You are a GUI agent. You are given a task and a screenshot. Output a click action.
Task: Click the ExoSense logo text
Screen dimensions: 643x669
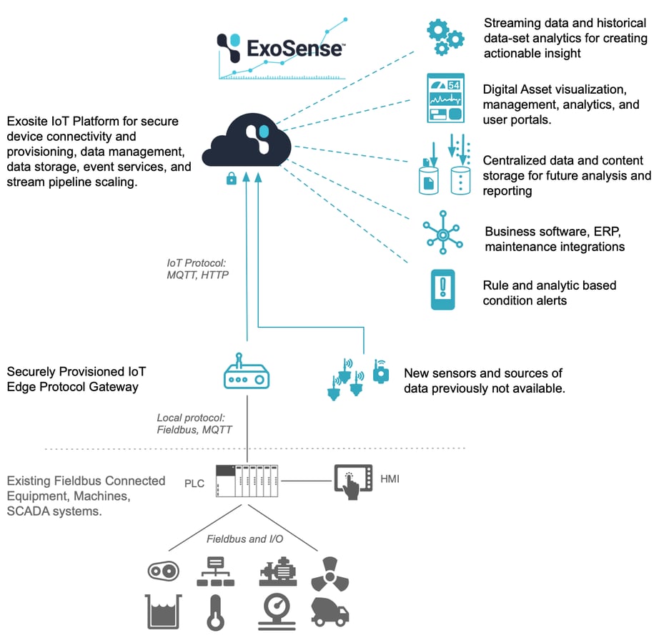(x=294, y=47)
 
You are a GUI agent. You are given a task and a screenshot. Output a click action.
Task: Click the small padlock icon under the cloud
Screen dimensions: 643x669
(x=231, y=179)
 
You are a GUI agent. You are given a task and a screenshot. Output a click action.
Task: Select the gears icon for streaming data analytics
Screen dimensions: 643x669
(x=445, y=36)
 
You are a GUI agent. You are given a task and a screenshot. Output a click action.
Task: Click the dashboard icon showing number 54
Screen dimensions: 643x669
(x=445, y=97)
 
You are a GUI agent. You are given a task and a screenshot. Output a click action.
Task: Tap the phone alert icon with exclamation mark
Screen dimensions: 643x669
(x=443, y=288)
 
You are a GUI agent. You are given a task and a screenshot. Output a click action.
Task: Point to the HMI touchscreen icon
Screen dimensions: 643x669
(x=354, y=481)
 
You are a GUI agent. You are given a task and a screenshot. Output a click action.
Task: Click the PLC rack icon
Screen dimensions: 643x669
(x=247, y=481)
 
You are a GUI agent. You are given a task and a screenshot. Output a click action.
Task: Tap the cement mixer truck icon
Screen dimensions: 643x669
(x=329, y=612)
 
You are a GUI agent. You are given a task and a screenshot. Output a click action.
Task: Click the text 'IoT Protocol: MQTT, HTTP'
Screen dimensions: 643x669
(x=197, y=268)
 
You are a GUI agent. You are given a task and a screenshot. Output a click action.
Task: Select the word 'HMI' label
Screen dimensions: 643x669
(x=390, y=478)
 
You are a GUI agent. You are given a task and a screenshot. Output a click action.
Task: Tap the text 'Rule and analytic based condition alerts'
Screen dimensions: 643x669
(x=549, y=293)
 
